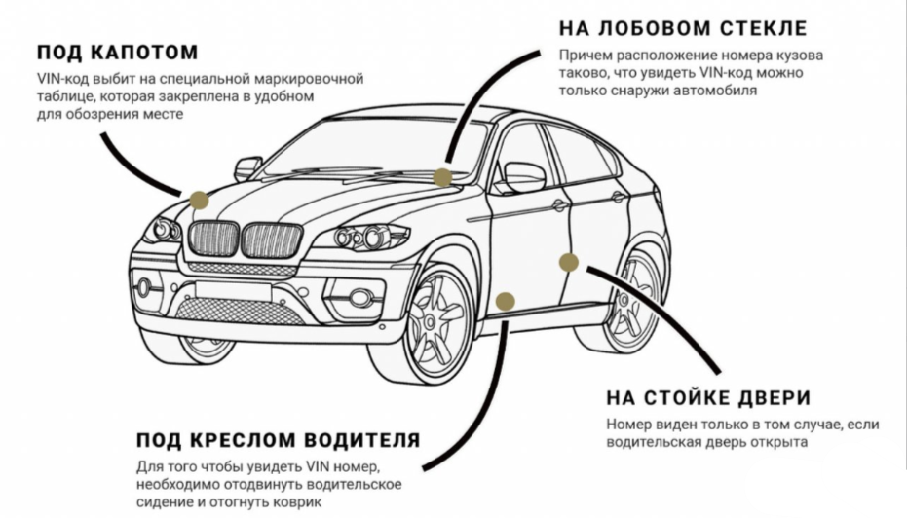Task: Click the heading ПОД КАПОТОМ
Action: [118, 52]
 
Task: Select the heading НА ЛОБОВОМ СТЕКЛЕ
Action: [683, 27]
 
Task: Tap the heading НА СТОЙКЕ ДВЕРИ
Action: [708, 397]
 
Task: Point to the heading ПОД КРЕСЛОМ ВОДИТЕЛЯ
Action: [279, 440]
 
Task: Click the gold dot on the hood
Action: [199, 200]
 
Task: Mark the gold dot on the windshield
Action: [442, 177]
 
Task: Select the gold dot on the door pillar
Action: [569, 263]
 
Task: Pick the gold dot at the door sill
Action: [505, 301]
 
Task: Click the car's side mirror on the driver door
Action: [523, 176]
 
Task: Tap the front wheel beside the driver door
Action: [437, 325]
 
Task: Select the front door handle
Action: [558, 205]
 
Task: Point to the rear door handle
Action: [619, 197]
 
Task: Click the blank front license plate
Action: [233, 291]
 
